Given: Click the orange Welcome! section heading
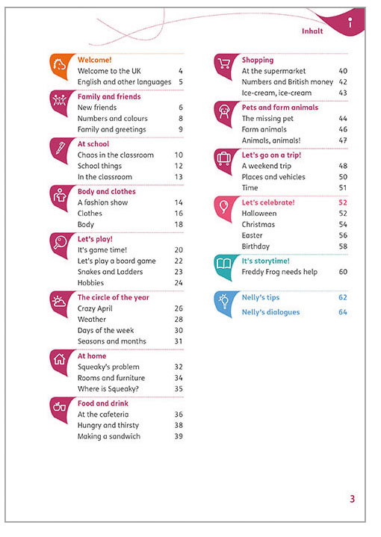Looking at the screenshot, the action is (95, 60).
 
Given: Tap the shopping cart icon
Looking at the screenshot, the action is (223, 63).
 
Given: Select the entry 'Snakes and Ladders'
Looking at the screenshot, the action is (110, 272).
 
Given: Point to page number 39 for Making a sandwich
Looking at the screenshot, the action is (179, 436).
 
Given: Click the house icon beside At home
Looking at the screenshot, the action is (59, 359).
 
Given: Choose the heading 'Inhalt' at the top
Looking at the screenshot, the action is (312, 31).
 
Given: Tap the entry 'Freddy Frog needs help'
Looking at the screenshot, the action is (279, 272).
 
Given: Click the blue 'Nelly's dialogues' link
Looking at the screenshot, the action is (270, 312).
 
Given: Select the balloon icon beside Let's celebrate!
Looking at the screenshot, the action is (223, 207).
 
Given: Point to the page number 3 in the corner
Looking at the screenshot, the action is (352, 499).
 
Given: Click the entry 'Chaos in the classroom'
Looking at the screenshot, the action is (116, 155).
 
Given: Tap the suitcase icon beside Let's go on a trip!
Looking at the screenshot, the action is (223, 158).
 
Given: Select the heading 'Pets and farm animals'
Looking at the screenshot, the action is (280, 108).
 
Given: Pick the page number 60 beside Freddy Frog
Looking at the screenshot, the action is (343, 272).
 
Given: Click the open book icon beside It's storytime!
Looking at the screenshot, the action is (223, 264).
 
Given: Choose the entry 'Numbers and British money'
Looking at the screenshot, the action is (287, 82).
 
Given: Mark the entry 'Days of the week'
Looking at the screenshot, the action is (105, 330).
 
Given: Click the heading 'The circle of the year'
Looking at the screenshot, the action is (113, 297).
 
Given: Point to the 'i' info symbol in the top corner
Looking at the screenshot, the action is (350, 22).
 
